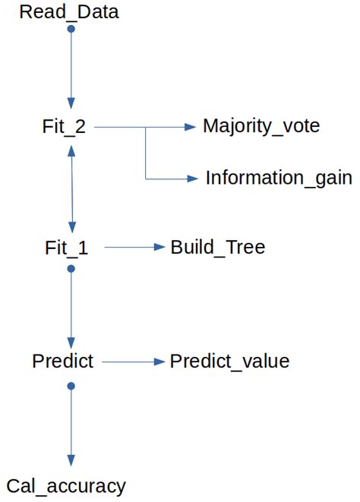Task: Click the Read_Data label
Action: click(x=68, y=12)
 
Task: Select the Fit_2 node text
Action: click(x=64, y=127)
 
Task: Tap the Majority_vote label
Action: click(x=261, y=126)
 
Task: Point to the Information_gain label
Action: click(x=279, y=178)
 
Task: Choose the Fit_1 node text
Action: click(x=67, y=248)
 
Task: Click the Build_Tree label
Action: click(x=218, y=248)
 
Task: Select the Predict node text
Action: click(x=63, y=362)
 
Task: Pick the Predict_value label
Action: click(x=229, y=362)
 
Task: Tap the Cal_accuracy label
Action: click(x=66, y=486)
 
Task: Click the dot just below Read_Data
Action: click(x=71, y=29)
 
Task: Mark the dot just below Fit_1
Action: click(x=71, y=268)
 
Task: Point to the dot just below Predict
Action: click(x=71, y=386)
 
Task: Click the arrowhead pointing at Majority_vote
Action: click(x=191, y=128)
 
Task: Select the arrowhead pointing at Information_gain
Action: click(x=191, y=179)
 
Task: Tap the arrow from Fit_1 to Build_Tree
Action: click(x=134, y=248)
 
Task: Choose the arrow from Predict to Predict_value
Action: click(x=133, y=362)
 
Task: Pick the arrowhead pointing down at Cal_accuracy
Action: click(x=71, y=460)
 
